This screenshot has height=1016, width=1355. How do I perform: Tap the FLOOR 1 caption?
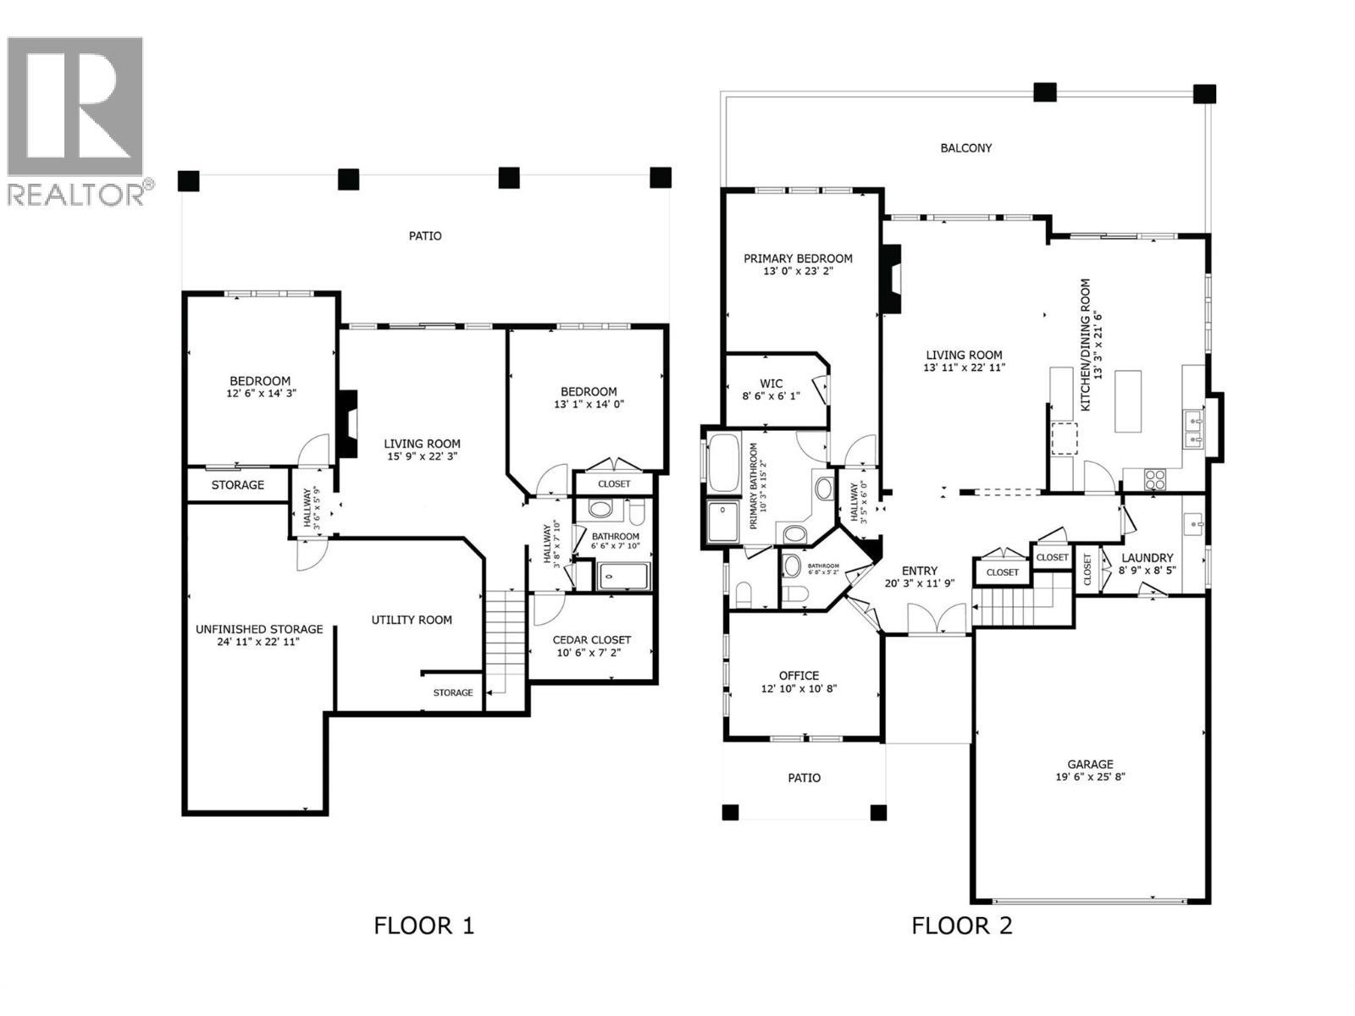[423, 925]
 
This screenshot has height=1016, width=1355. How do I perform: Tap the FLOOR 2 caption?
[961, 925]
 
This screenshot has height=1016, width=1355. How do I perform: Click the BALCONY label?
[965, 148]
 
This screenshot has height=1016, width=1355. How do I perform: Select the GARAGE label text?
[1090, 764]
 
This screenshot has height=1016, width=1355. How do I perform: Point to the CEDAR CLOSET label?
[591, 640]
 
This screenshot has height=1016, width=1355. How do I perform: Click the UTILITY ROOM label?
[412, 620]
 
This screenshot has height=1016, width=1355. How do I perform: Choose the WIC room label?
[771, 384]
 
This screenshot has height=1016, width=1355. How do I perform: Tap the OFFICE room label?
[799, 676]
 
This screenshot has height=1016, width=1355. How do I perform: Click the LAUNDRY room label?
[1147, 558]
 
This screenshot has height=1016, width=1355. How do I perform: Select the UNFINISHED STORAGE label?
[259, 629]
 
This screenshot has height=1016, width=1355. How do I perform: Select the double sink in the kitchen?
[1193, 428]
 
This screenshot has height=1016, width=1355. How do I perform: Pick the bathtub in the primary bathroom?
[723, 462]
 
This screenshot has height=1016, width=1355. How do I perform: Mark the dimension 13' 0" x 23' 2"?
[798, 272]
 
